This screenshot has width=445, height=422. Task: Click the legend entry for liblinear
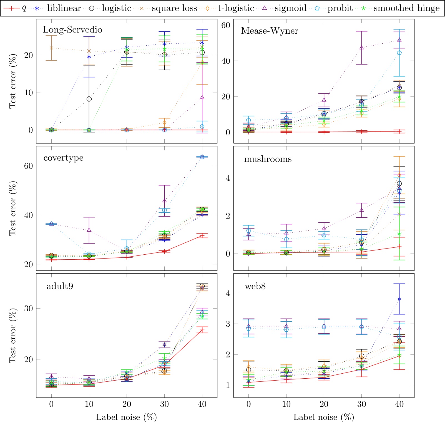point(64,8)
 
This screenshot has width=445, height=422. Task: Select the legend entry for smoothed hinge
point(406,8)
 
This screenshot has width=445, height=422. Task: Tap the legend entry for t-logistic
point(236,8)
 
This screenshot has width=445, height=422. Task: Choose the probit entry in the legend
point(340,8)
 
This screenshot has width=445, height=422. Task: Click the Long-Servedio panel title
point(72,29)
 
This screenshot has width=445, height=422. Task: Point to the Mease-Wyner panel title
point(270,31)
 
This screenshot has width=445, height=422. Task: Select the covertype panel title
point(63,158)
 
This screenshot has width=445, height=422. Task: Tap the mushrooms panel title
point(268,159)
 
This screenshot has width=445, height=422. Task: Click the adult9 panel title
point(60,286)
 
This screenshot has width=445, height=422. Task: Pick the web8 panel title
point(255,286)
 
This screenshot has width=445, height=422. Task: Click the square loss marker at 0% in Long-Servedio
point(51,48)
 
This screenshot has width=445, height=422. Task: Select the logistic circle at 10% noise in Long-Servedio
point(89,99)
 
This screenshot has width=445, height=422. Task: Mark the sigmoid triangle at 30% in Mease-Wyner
point(361,48)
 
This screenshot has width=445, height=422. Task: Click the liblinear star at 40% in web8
point(399,299)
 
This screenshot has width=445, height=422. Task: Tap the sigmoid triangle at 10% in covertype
point(89,230)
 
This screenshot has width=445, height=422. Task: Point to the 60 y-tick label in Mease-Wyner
point(226,25)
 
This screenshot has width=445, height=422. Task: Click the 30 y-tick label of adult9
point(28,308)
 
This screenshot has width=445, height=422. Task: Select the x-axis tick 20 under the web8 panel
point(324,404)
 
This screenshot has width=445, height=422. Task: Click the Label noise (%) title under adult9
point(126,417)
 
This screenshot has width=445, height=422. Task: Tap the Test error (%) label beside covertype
point(12,208)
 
